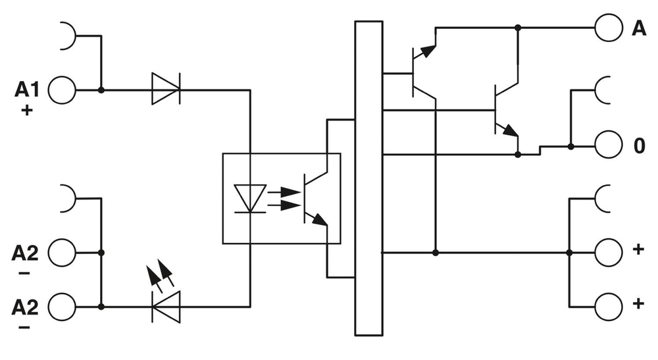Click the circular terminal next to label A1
[x=63, y=89]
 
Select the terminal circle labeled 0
[x=608, y=144]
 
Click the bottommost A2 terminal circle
[x=63, y=307]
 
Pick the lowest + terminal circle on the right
[x=608, y=306]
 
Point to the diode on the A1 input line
[x=165, y=89]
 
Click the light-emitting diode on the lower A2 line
[x=165, y=307]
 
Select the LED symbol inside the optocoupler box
[x=250, y=198]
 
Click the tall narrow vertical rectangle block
[x=368, y=178]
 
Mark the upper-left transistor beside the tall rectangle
[x=421, y=72]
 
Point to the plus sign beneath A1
[x=27, y=110]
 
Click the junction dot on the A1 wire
[x=101, y=89]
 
